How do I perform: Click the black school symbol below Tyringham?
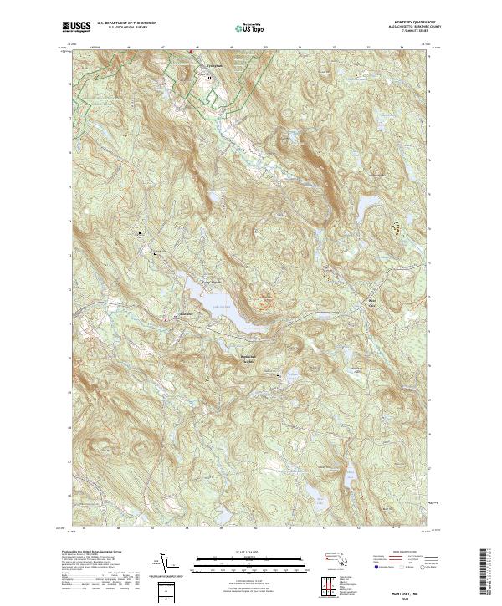(209, 79)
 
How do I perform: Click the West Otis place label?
(371, 301)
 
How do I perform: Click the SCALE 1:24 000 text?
(243, 550)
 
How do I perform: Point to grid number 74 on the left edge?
(69, 222)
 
